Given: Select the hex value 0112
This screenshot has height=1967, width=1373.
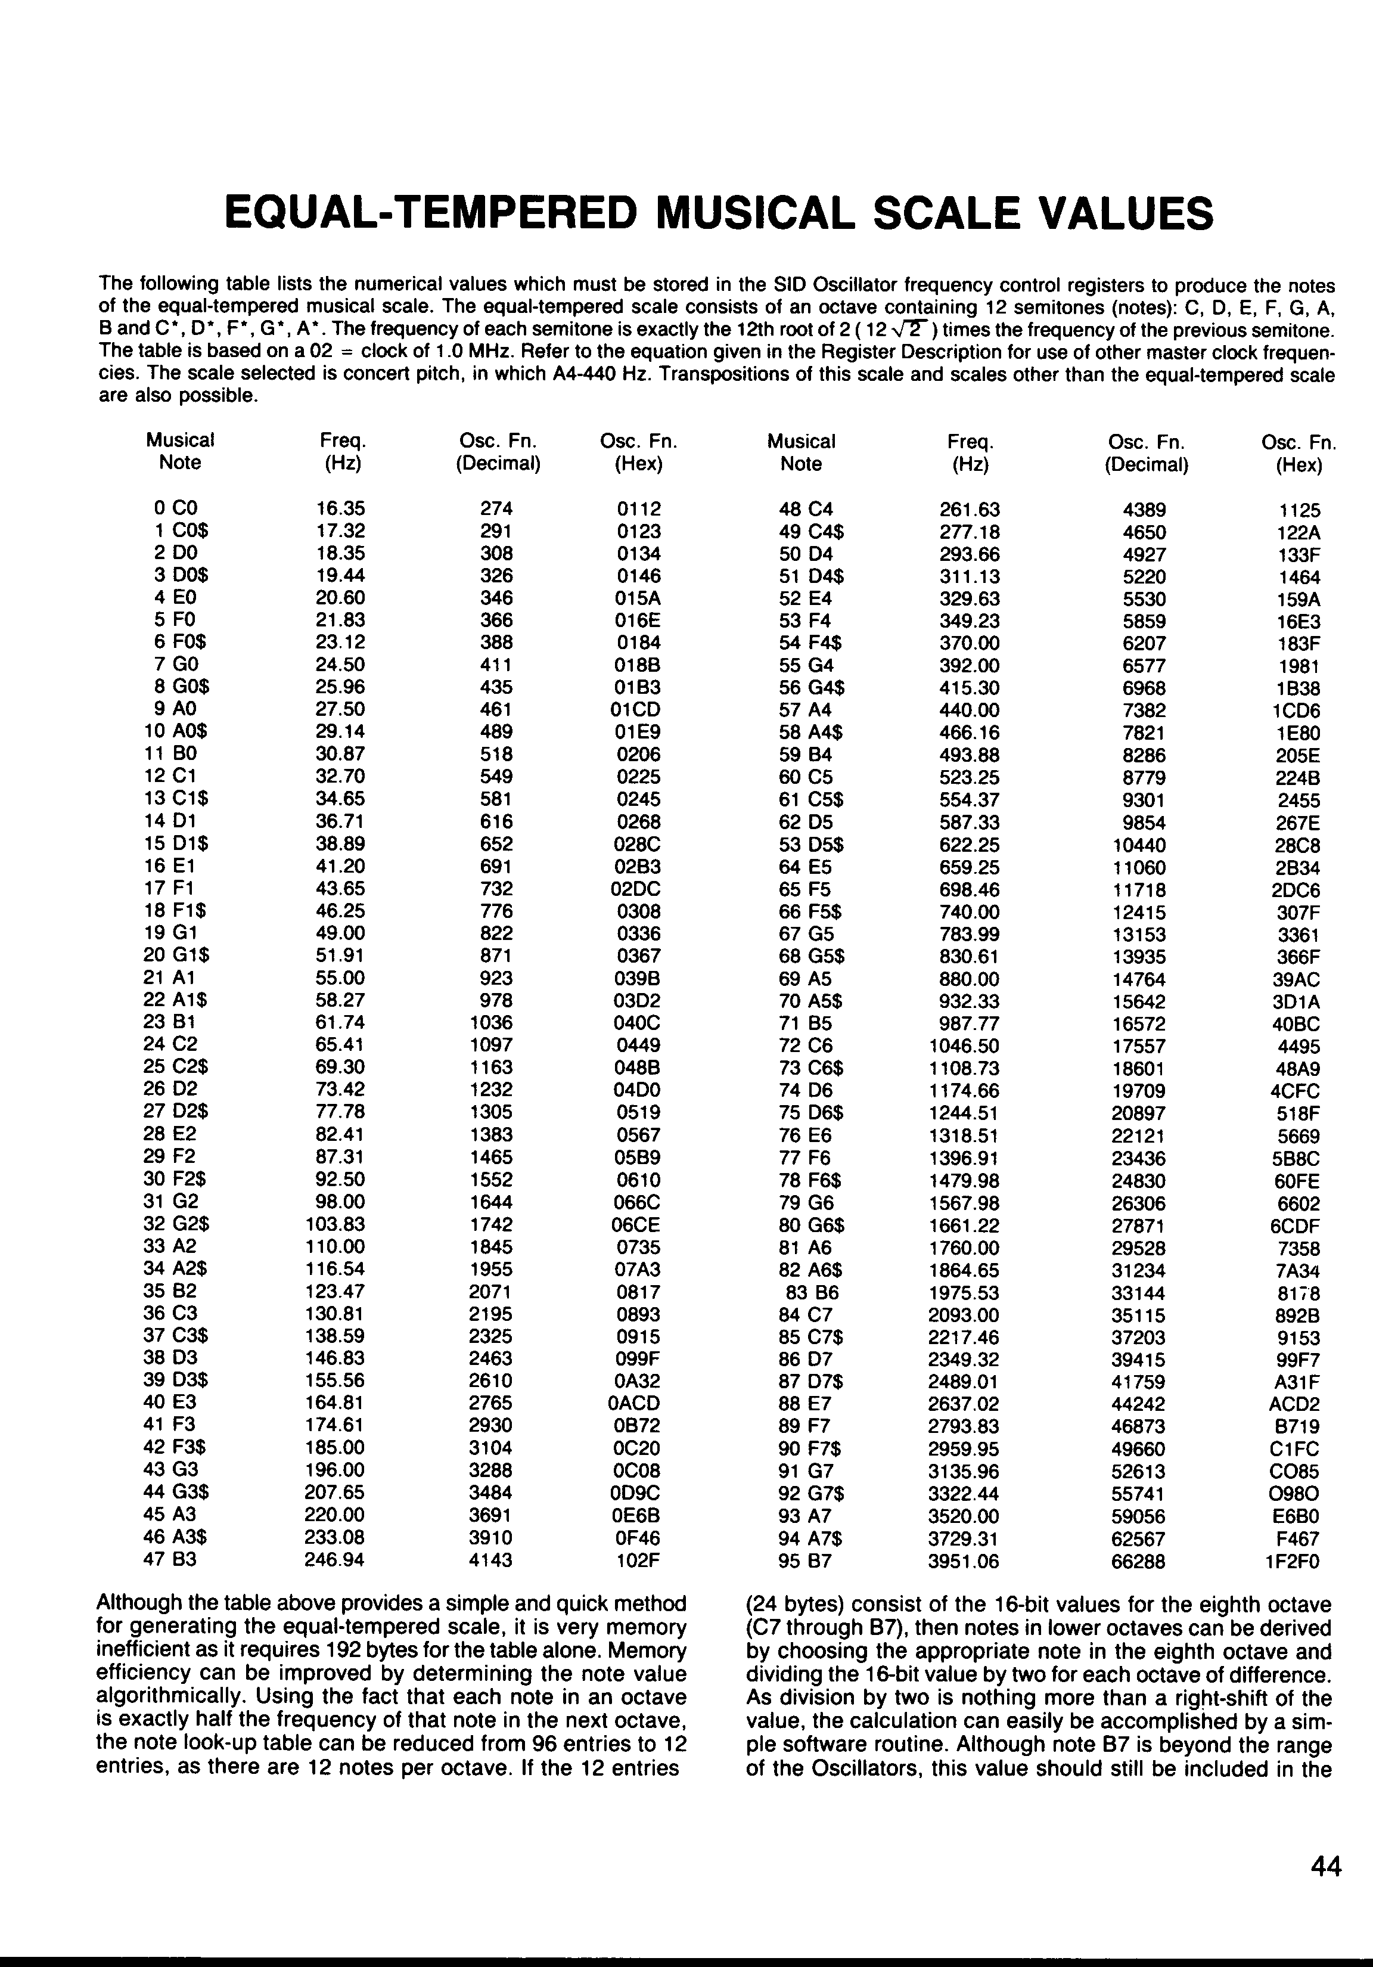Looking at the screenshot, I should [x=639, y=509].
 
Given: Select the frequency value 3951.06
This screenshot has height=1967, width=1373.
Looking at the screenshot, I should [x=964, y=1562].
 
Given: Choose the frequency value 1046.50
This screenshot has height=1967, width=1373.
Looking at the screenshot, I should [x=964, y=1046].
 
